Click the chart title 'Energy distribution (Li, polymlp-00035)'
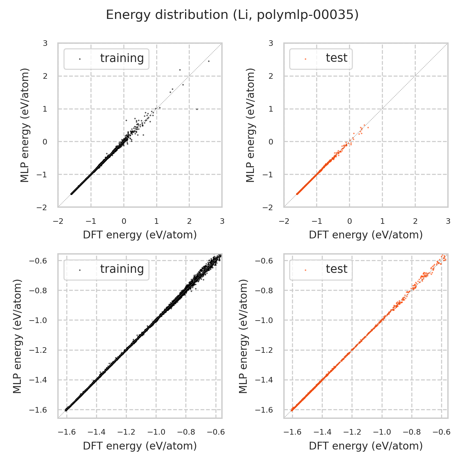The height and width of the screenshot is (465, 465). pos(232,15)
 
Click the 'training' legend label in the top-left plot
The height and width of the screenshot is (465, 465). pos(122,58)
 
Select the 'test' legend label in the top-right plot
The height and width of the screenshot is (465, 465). pos(336,58)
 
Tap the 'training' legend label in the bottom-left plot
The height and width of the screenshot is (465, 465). pos(122,269)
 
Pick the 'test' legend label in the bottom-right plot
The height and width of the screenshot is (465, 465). pos(336,269)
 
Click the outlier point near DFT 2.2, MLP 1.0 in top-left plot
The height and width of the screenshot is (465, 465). pos(197,109)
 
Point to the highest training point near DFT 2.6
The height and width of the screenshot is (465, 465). pos(209,61)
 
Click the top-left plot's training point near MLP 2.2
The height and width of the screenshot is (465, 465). pos(180,70)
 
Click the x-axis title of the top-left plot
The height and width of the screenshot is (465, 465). pos(140,235)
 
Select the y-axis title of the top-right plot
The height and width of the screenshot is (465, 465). pos(250,125)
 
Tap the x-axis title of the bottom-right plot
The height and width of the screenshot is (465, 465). pos(366,446)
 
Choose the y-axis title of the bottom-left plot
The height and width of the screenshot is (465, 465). pos(18,336)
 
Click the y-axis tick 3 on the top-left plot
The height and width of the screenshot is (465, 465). pos(45,43)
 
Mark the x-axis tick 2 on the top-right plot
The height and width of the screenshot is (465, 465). pos(415,221)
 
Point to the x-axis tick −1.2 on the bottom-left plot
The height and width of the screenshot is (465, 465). pos(126,432)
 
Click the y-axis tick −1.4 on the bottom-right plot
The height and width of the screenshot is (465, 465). pos(264,380)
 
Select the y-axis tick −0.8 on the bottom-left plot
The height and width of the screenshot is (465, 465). pos(38,291)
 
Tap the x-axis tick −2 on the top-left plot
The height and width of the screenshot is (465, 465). pos(58,221)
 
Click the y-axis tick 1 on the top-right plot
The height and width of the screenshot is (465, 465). pos(271,109)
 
